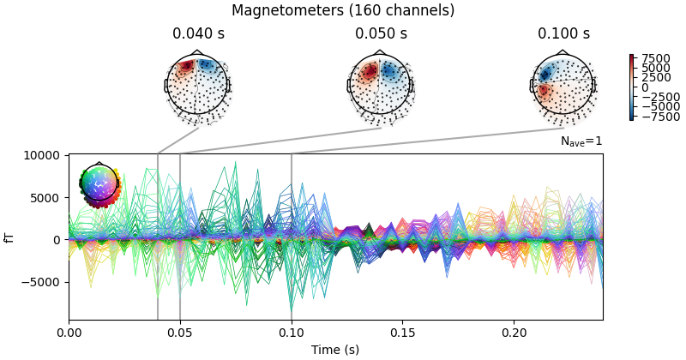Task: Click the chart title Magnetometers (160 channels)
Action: click(343, 11)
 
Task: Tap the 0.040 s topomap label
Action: click(198, 34)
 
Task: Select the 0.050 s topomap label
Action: click(381, 34)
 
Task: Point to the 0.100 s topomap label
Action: click(563, 34)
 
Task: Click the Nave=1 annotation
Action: click(581, 141)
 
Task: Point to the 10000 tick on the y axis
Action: click(41, 155)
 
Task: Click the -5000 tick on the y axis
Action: click(43, 282)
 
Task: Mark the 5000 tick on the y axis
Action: click(46, 197)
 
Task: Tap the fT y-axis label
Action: click(10, 237)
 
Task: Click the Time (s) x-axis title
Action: click(335, 349)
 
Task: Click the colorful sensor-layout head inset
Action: click(100, 184)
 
